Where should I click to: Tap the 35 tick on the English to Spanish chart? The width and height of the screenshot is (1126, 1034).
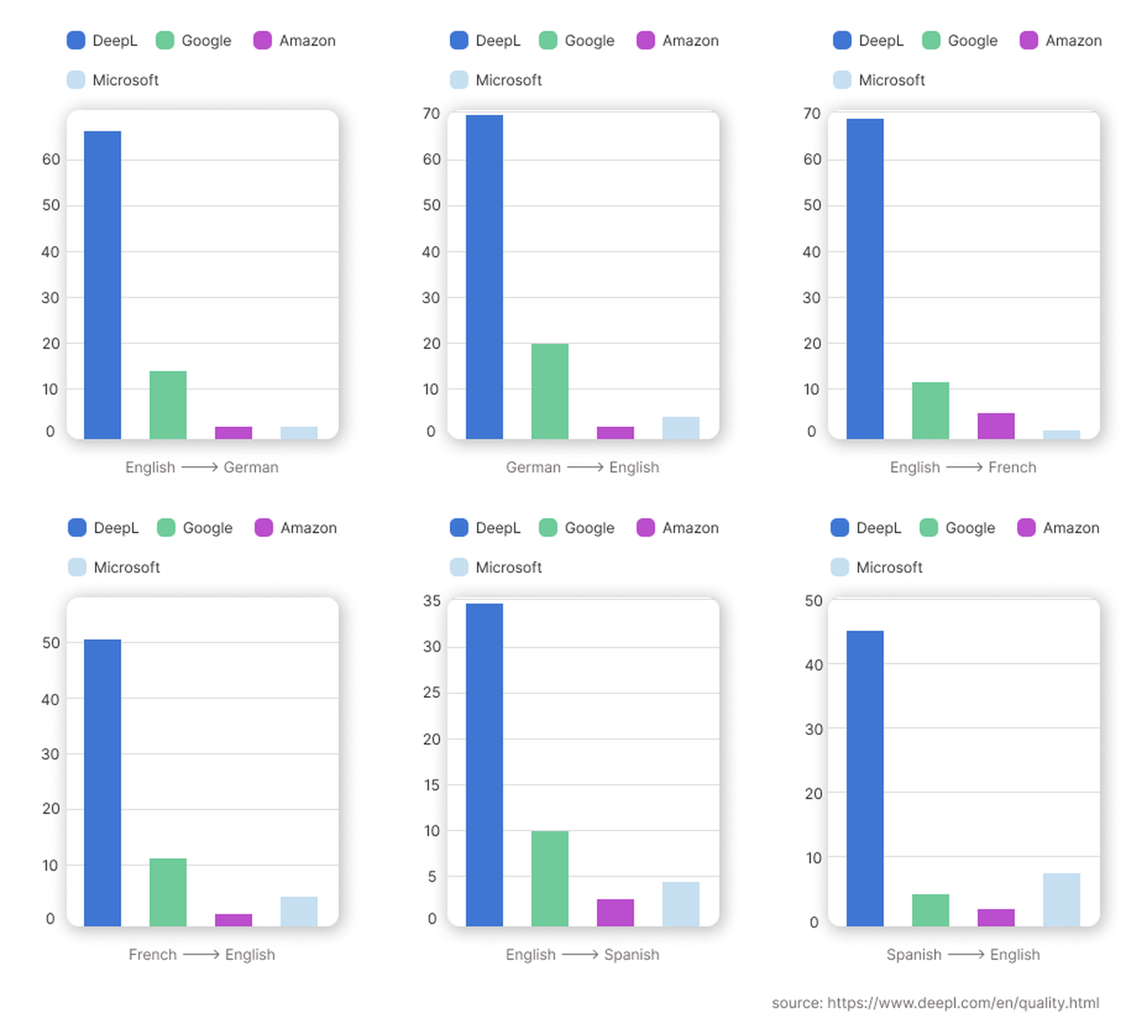tap(432, 601)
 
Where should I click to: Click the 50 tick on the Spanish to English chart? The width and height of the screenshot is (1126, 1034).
tap(813, 601)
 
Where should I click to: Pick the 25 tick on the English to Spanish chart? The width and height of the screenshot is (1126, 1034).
tap(432, 693)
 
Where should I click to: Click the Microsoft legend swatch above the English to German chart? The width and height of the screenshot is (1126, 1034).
tap(76, 80)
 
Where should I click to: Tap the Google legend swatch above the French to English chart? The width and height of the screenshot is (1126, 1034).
tap(166, 528)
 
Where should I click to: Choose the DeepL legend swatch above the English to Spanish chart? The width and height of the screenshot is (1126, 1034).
tap(459, 528)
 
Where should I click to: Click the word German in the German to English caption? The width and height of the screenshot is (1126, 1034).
tap(533, 467)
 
